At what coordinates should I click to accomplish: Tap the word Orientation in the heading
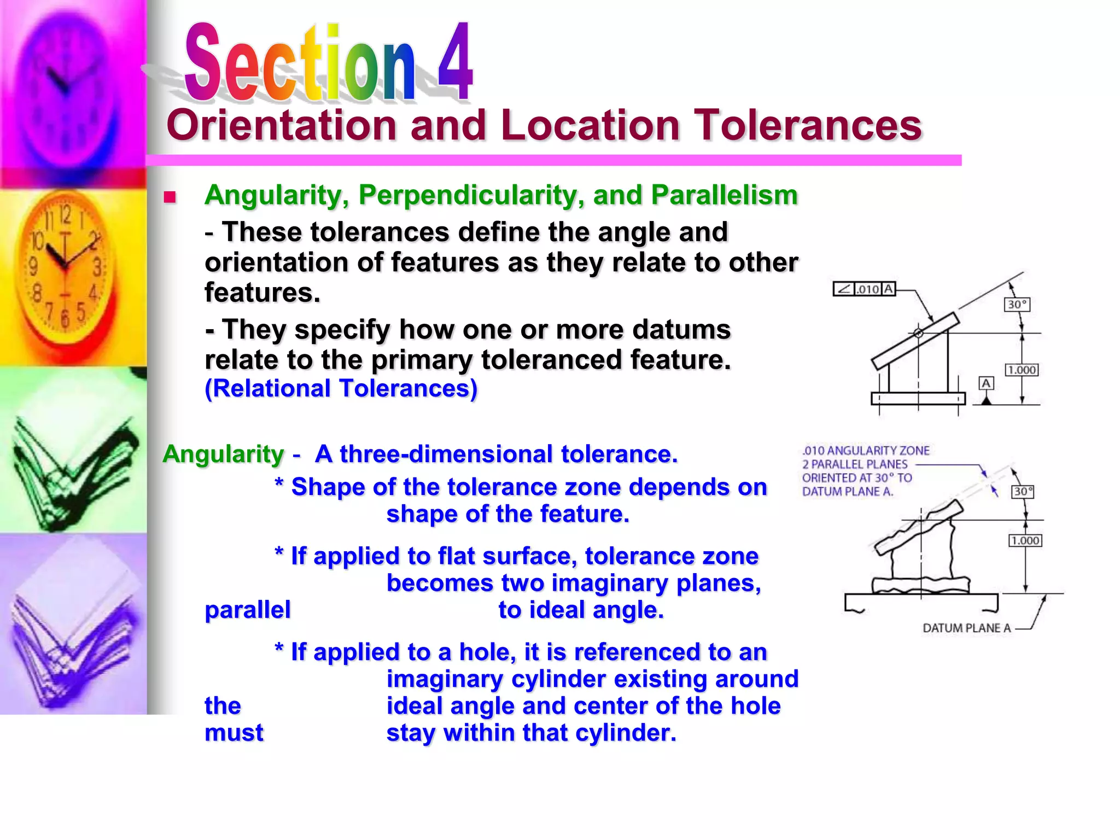[x=282, y=125]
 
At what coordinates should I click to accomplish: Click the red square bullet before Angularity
[x=170, y=197]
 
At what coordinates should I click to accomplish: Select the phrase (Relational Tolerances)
[x=341, y=389]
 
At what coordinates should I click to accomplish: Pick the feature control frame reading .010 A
[x=864, y=289]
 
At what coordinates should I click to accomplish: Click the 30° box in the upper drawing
[x=1017, y=305]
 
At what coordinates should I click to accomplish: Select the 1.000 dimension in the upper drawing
[x=1022, y=370]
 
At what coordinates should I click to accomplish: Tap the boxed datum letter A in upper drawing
[x=986, y=383]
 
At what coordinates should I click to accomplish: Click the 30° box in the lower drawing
[x=1023, y=492]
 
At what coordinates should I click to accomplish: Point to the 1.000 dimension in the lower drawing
[x=1025, y=541]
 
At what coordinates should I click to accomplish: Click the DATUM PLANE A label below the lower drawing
[x=966, y=628]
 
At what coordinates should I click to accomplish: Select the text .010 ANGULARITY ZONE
[x=866, y=451]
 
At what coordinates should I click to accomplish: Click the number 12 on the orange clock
[x=65, y=215]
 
